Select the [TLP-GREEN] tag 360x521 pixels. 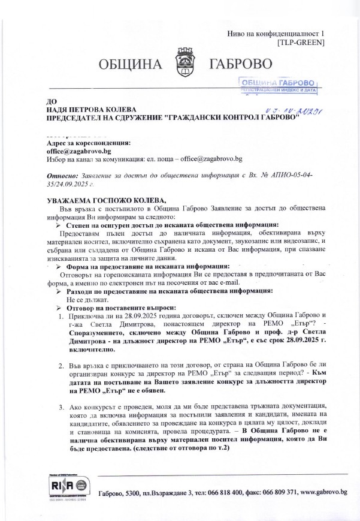[x=301, y=43]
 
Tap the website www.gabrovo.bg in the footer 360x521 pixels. [x=323, y=492]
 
